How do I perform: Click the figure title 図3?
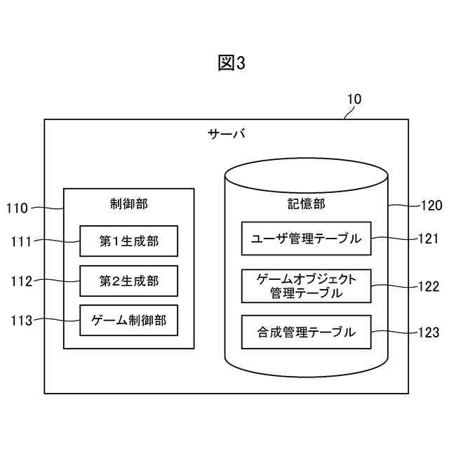point(232,63)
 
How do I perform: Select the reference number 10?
point(354,99)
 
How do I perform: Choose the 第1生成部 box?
point(128,241)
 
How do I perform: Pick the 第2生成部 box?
point(128,281)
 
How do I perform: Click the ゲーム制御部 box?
point(128,321)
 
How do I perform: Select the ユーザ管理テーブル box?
point(306,239)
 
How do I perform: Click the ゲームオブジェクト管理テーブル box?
point(306,286)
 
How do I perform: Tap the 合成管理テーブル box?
point(306,333)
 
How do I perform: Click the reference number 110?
point(17,208)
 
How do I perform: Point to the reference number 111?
point(21,242)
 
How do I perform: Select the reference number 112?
point(21,282)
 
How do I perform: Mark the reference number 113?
point(21,321)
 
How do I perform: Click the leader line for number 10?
point(347,113)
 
